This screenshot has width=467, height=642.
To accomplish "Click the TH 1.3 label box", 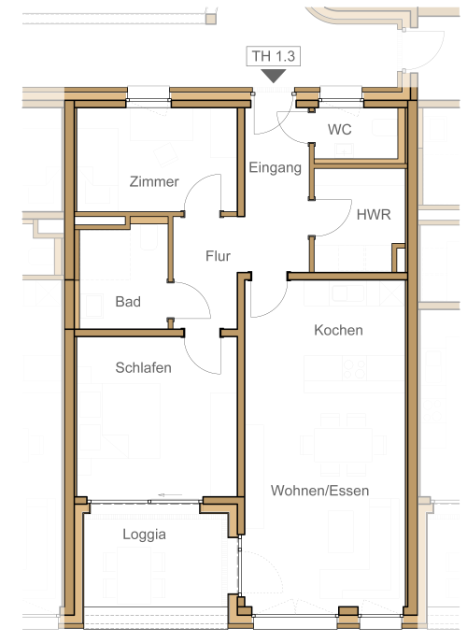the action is click(x=273, y=56).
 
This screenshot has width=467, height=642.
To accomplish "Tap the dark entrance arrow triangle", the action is click(x=274, y=76).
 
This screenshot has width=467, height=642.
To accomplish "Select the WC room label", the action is click(x=339, y=129).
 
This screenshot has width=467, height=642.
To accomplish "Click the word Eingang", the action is click(x=275, y=167).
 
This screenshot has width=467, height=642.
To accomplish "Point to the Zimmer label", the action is click(x=154, y=181).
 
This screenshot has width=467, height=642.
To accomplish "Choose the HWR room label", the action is click(x=374, y=215).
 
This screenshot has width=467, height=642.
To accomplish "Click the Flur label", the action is click(x=218, y=256).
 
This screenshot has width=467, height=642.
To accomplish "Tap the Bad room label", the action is click(x=128, y=302).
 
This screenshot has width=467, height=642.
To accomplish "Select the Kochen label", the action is click(x=338, y=330).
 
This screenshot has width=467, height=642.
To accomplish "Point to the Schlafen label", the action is click(x=143, y=367).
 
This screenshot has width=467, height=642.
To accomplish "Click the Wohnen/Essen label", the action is click(x=319, y=491).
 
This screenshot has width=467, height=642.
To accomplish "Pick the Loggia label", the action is click(x=144, y=535).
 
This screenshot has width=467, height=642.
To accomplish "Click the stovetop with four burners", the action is click(x=354, y=368).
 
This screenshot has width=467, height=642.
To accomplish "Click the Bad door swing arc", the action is click(x=201, y=292).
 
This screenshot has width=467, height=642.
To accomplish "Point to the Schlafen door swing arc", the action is click(x=193, y=362).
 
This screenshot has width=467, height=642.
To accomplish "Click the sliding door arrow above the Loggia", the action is click(x=170, y=495).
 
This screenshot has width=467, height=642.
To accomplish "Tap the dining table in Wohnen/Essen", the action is click(x=343, y=445).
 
